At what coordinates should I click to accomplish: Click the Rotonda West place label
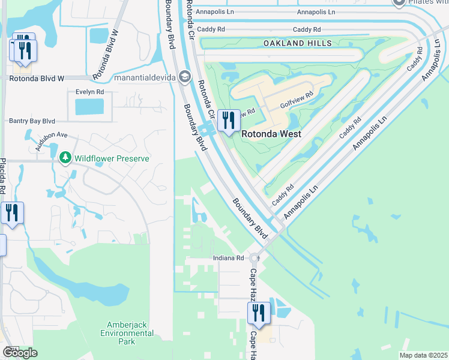[x=271, y=134]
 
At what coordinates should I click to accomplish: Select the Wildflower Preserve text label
[x=111, y=158]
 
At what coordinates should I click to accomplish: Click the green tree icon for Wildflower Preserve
[x=65, y=158]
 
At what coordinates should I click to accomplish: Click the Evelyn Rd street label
[x=89, y=92]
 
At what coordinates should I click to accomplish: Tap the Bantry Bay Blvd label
[x=32, y=121]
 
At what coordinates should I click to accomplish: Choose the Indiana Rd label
[x=229, y=258]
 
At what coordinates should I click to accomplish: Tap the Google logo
[x=20, y=353]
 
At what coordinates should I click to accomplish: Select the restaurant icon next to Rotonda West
[x=228, y=121]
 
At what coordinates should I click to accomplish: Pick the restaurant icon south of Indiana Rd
[x=258, y=313]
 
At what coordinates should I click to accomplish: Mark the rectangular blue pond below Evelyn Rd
[x=89, y=107]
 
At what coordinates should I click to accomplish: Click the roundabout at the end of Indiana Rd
[x=254, y=259]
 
